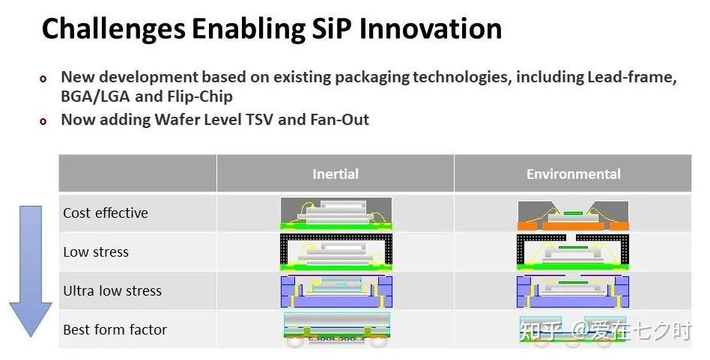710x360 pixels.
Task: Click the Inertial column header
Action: click(x=335, y=174)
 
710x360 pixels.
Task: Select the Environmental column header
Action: click(x=573, y=174)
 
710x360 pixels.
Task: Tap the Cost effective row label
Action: click(x=106, y=213)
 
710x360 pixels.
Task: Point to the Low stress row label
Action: click(x=96, y=252)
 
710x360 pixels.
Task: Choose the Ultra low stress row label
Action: click(x=112, y=291)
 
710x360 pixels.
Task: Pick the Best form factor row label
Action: click(x=115, y=330)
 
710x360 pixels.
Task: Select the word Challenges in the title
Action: click(x=113, y=30)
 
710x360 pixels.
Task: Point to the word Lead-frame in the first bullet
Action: click(x=632, y=77)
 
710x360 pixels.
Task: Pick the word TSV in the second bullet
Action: click(x=260, y=120)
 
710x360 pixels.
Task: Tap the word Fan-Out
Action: click(x=339, y=120)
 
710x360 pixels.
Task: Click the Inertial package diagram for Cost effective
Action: click(x=336, y=214)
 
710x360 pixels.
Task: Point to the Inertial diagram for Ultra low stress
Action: click(x=336, y=291)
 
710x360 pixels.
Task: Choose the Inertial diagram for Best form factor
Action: click(x=336, y=330)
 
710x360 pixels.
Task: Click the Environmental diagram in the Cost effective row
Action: click(x=573, y=216)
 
